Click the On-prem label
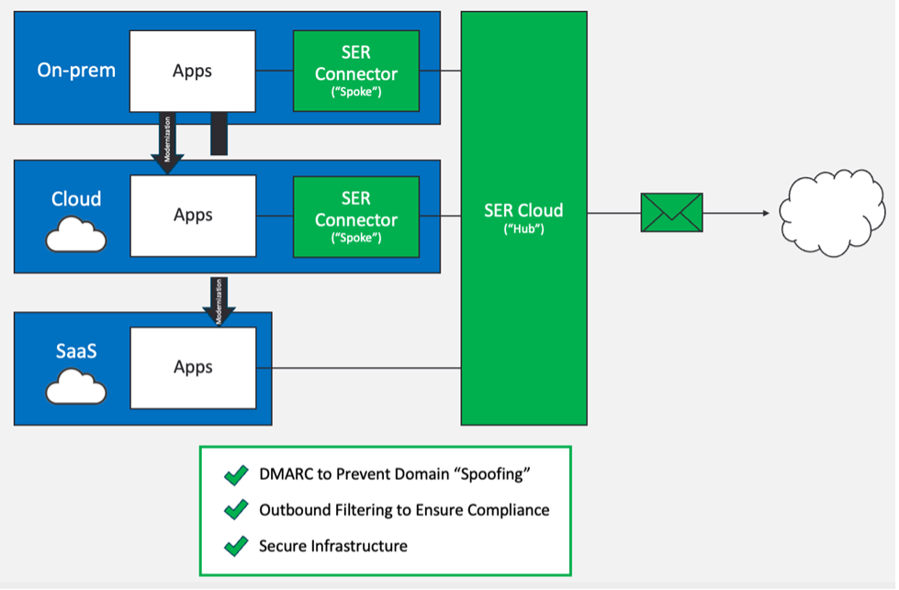76,70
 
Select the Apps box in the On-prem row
192,71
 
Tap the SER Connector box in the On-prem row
356,71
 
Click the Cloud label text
76,199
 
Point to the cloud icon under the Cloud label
76,236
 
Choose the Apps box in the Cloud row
193,216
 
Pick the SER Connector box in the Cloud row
356,216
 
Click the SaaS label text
76,352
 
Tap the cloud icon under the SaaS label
76,388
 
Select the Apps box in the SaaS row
193,367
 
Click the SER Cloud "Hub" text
523,217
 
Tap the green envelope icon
671,213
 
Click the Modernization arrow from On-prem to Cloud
168,142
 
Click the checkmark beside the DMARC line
236,475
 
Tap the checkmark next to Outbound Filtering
236,510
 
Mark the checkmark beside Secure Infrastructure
236,546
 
